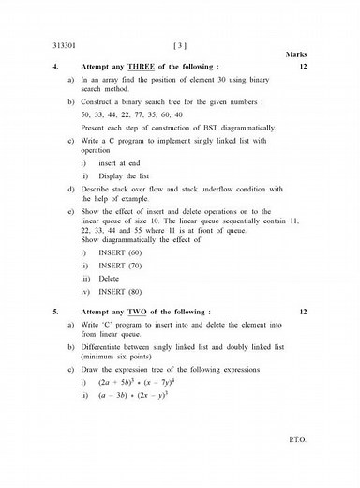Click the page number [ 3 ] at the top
(x=180, y=45)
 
